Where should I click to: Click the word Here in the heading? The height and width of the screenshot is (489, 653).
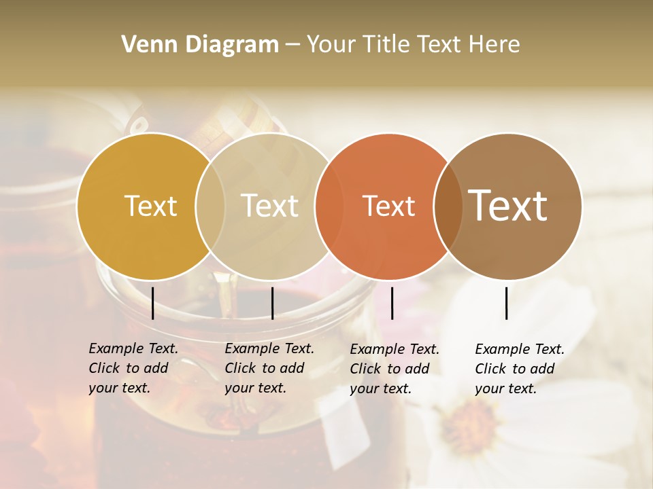(495, 44)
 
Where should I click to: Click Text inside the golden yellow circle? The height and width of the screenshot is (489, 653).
(150, 206)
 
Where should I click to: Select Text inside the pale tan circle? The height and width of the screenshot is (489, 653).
(270, 206)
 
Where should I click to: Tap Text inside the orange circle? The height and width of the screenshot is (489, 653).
(388, 206)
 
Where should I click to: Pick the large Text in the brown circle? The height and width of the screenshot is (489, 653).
(508, 205)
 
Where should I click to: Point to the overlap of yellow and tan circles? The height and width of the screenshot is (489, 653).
(210, 206)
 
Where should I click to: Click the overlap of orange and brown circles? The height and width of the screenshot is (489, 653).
(448, 206)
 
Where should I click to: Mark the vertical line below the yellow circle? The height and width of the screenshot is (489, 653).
(152, 303)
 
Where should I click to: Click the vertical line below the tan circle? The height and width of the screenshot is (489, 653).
(272, 303)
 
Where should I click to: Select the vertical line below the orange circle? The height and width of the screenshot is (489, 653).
(392, 303)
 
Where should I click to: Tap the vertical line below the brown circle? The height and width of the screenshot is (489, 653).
(506, 303)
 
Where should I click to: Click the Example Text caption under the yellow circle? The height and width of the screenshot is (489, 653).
(133, 368)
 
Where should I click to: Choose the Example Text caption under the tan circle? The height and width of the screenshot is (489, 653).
(269, 368)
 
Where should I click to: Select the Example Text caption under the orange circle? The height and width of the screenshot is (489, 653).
(395, 369)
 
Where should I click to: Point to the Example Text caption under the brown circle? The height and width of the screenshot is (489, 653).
(520, 369)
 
